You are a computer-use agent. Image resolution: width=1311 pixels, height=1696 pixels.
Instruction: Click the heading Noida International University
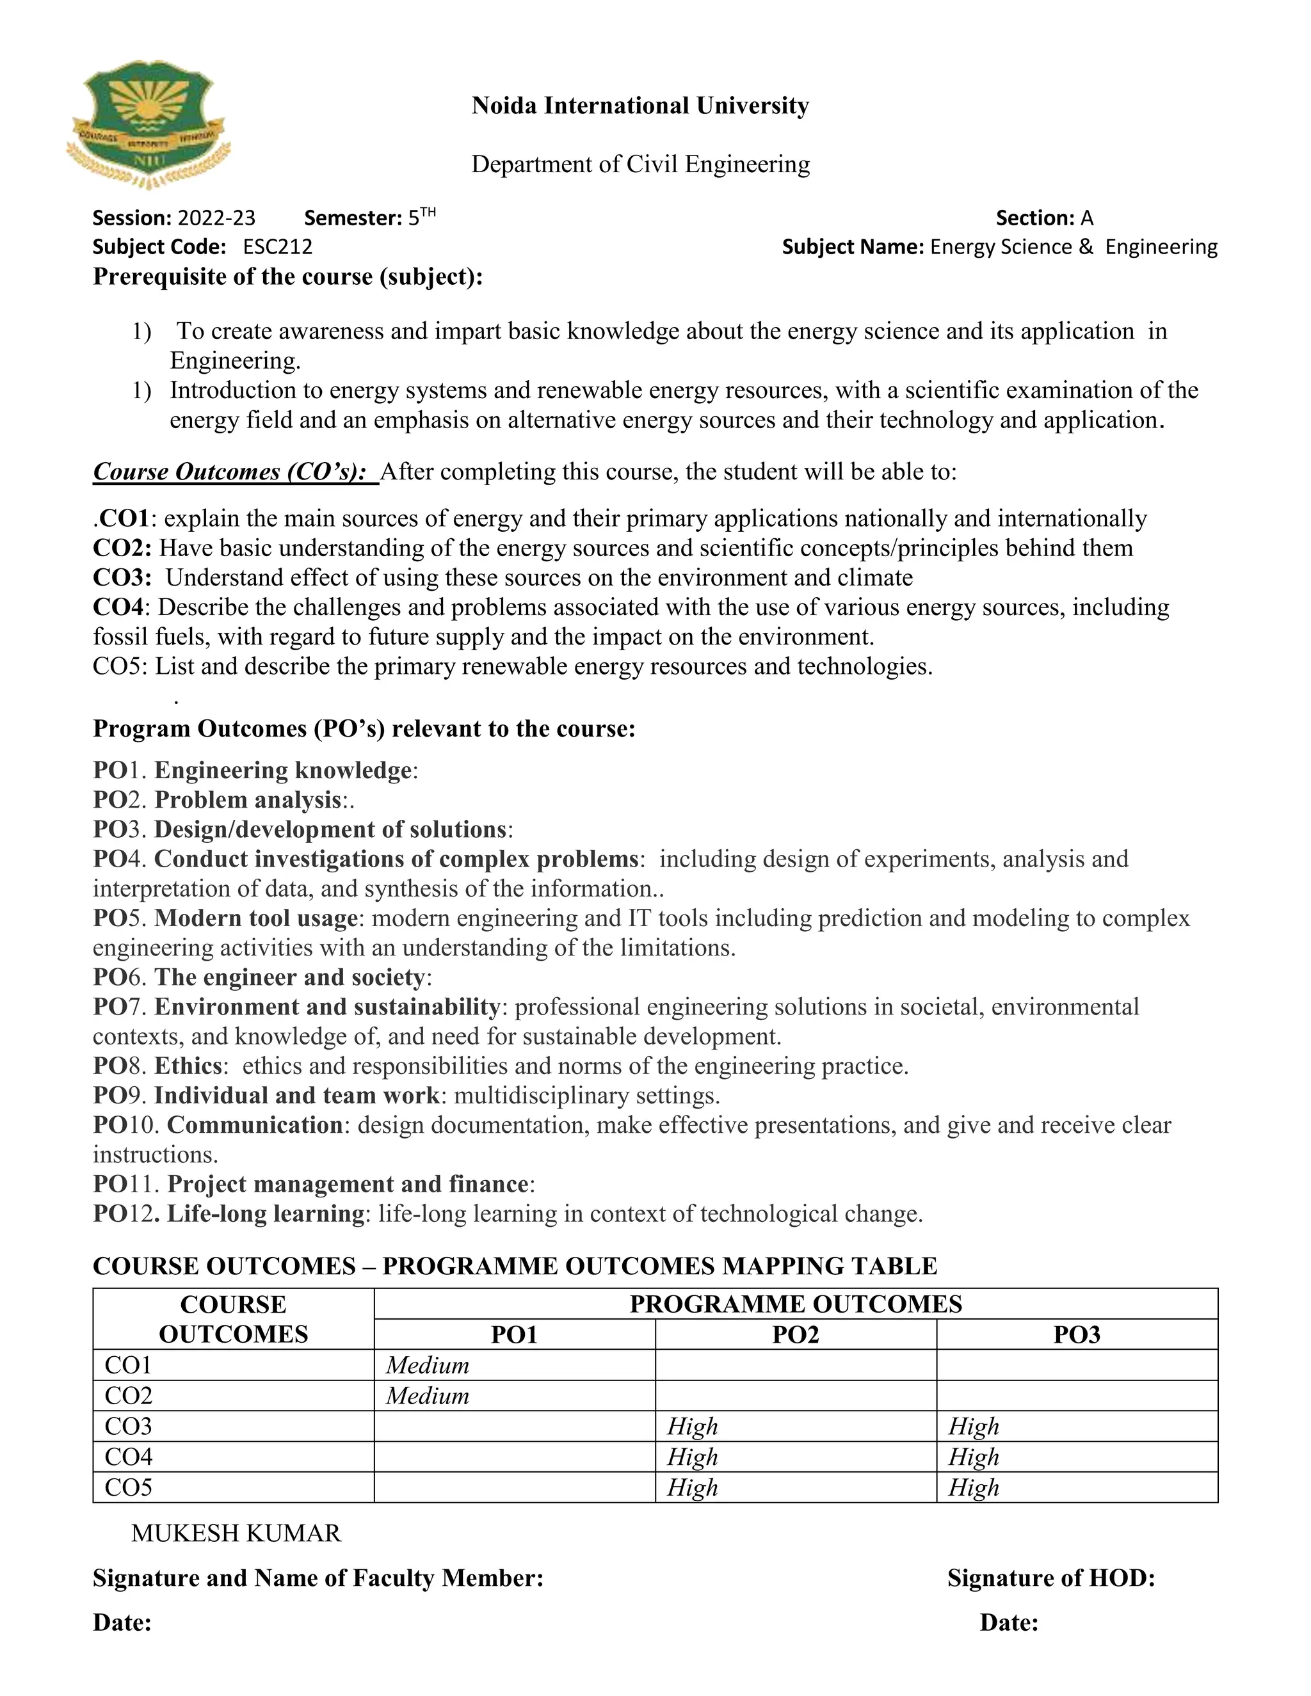[640, 105]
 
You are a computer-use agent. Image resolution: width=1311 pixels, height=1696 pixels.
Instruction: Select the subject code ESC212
[277, 247]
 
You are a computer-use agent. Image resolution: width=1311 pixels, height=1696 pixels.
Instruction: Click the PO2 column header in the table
[795, 1335]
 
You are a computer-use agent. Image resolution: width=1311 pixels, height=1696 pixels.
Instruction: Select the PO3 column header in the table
[1077, 1335]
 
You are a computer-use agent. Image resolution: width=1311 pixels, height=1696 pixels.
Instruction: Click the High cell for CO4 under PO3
[973, 1457]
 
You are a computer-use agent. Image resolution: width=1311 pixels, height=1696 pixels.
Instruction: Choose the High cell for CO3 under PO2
[692, 1427]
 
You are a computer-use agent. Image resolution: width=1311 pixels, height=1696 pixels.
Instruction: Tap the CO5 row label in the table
[128, 1487]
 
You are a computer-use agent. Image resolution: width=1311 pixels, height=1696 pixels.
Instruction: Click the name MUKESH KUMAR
[236, 1533]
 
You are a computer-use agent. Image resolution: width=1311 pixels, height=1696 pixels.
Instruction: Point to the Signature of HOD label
[1051, 1578]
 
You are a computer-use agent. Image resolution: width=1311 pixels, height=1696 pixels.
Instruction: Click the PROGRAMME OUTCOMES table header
[795, 1304]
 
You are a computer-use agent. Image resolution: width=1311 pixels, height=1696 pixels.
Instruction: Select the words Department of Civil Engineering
[640, 164]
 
